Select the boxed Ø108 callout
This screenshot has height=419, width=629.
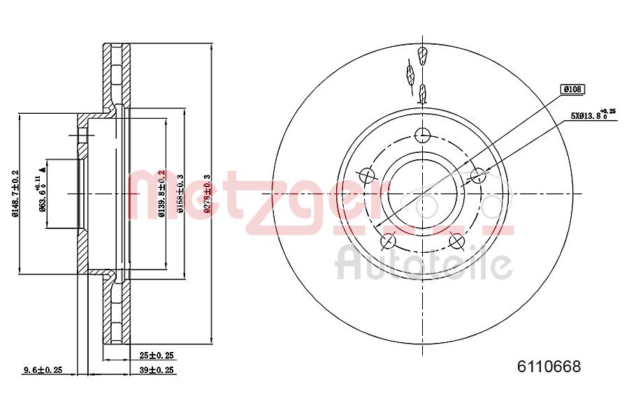(x=572, y=89)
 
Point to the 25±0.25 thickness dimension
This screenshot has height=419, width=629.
(x=157, y=355)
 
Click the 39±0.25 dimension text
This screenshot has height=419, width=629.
(x=157, y=369)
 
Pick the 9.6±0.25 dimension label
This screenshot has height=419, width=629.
(x=43, y=369)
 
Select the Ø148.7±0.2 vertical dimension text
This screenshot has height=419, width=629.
(x=15, y=193)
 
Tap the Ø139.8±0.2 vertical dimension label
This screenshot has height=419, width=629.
(x=161, y=193)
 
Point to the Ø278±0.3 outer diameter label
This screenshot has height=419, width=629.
(x=207, y=193)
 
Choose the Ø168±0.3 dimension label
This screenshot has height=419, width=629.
(x=180, y=193)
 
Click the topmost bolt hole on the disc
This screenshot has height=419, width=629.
(x=422, y=135)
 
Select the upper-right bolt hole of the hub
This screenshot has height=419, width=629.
(x=478, y=175)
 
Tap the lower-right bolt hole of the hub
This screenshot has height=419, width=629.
(x=456, y=242)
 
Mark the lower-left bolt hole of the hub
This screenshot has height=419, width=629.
(x=387, y=242)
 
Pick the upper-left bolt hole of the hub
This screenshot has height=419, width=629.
(x=366, y=175)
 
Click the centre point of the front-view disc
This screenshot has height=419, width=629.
(x=422, y=194)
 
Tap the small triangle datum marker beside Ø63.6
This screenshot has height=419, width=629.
(x=45, y=168)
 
